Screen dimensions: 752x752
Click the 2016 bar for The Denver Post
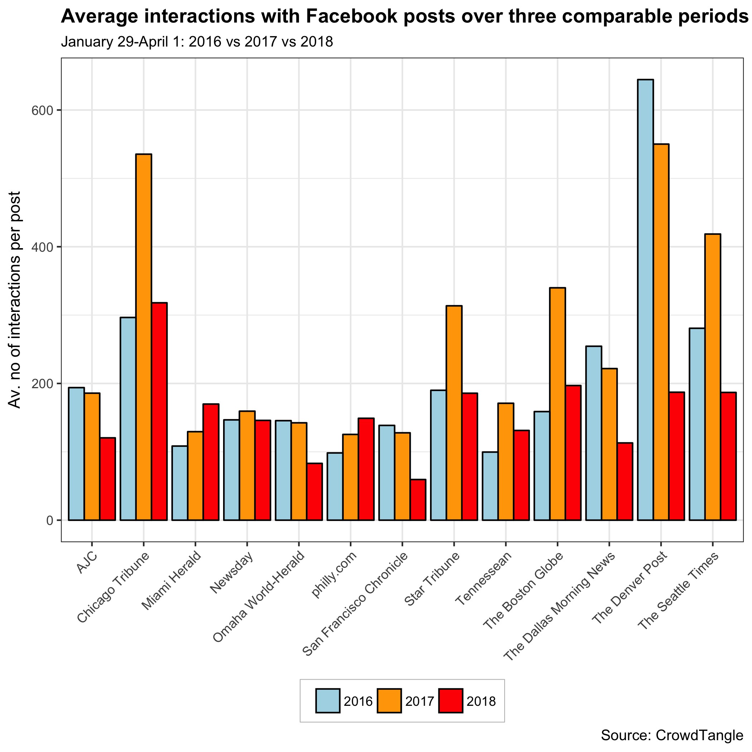coord(645,300)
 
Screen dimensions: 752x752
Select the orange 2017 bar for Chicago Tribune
coord(144,337)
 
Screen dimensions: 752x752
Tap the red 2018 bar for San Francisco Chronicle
coord(418,500)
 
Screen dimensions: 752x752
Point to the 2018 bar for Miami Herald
coord(211,462)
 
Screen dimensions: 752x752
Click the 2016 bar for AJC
coord(76,454)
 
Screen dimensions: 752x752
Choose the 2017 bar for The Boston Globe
coord(558,404)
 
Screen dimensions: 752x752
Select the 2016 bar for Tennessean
coord(490,486)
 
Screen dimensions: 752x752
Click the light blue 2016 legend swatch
coord(328,701)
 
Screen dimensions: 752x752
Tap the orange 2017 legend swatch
coord(389,701)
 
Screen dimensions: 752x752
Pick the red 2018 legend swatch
coord(450,701)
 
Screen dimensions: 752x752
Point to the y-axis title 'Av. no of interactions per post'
coord(15,300)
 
